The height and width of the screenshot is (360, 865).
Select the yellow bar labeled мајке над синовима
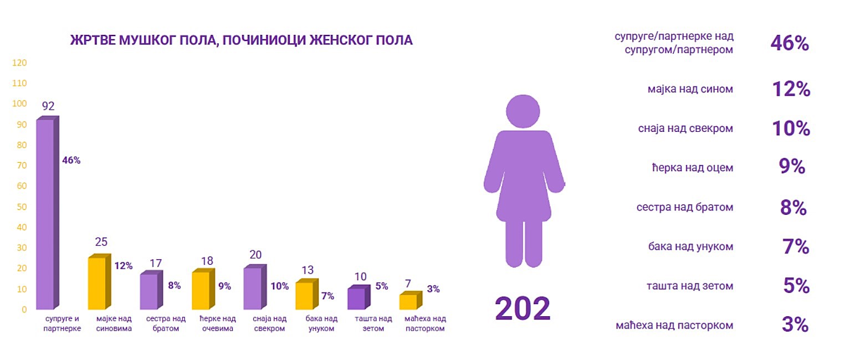pyautogui.click(x=97, y=283)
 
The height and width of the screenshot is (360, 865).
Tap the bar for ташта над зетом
pyautogui.click(x=356, y=299)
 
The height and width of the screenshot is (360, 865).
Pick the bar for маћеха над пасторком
pyautogui.click(x=408, y=302)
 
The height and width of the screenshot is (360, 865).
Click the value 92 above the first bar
pyautogui.click(x=48, y=106)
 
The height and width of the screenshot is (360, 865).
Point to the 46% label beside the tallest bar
pyautogui.click(x=71, y=161)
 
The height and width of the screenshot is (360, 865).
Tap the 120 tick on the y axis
pyautogui.click(x=19, y=63)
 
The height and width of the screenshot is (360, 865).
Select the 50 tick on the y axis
pyautogui.click(x=21, y=207)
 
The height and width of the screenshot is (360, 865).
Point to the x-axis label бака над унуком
pyautogui.click(x=321, y=323)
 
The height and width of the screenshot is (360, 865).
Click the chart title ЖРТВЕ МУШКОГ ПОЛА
pyautogui.click(x=241, y=40)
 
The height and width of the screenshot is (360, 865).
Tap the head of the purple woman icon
pyautogui.click(x=523, y=111)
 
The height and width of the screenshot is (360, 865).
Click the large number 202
pyautogui.click(x=523, y=308)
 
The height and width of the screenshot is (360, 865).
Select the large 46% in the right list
pyautogui.click(x=790, y=43)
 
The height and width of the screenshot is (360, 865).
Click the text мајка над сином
pyautogui.click(x=690, y=89)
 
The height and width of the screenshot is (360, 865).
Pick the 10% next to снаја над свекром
pyautogui.click(x=791, y=128)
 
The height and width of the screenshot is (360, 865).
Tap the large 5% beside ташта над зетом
pyautogui.click(x=796, y=286)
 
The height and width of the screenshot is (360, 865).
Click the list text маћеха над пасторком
pyautogui.click(x=674, y=325)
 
